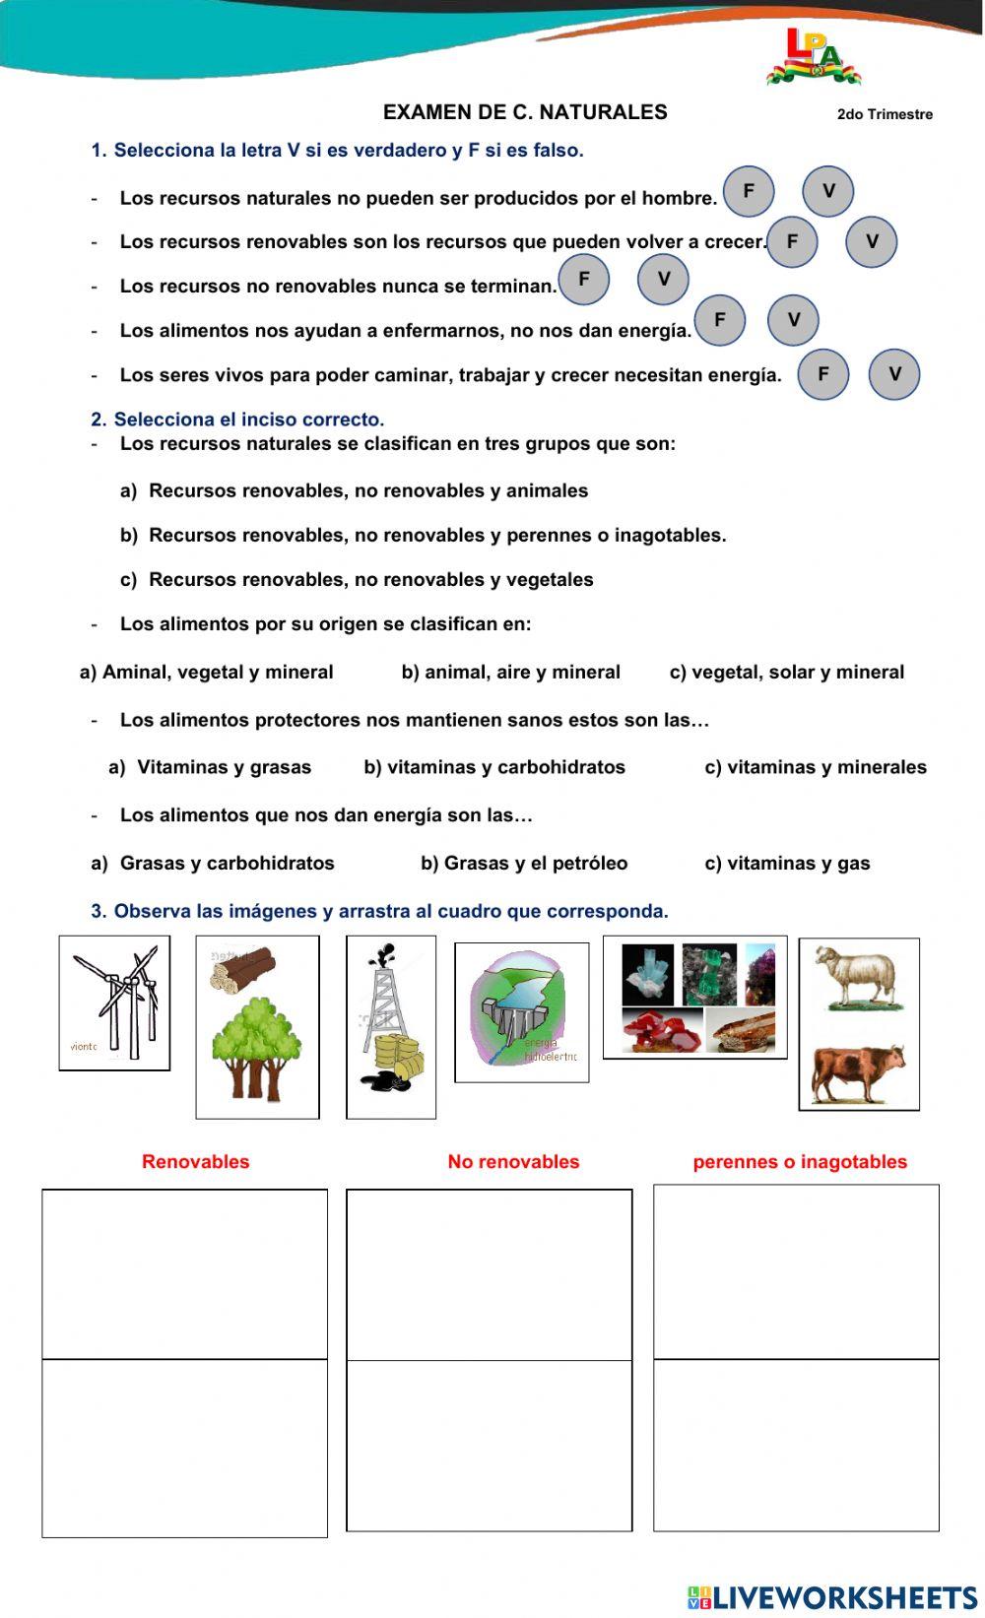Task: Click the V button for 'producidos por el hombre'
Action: (x=827, y=191)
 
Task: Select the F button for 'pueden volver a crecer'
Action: (x=792, y=241)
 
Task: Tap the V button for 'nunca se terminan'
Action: (x=663, y=279)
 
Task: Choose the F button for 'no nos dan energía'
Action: (x=720, y=320)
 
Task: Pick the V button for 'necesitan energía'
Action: (x=894, y=374)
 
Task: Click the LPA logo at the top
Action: (x=813, y=57)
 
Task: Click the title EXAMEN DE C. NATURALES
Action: (x=525, y=112)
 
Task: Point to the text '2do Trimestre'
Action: (x=885, y=114)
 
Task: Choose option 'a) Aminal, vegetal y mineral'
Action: (x=207, y=672)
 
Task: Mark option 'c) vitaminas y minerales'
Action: (x=816, y=767)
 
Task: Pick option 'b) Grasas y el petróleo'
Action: (x=524, y=863)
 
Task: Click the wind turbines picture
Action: (x=115, y=1003)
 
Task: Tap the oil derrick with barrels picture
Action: (x=391, y=1027)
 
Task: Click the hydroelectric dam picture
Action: (x=522, y=1011)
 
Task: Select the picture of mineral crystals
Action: (x=695, y=997)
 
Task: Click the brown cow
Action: (x=858, y=1073)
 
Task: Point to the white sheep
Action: (x=855, y=978)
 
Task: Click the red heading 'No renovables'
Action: (x=513, y=1161)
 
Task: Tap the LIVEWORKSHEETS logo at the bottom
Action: (x=832, y=1596)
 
